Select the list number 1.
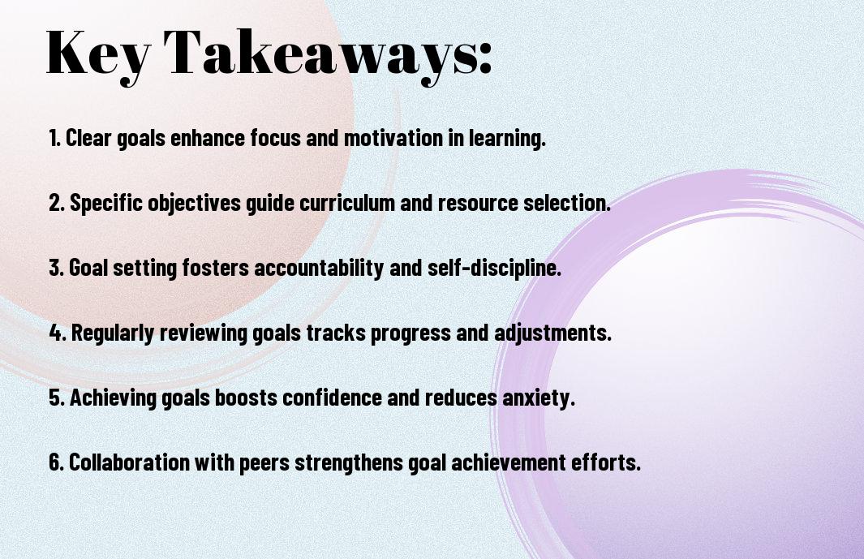point(54,138)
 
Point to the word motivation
point(393,138)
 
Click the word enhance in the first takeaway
point(208,138)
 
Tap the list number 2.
point(57,203)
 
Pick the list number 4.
point(58,333)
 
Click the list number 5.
point(57,398)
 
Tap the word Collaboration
point(130,462)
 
